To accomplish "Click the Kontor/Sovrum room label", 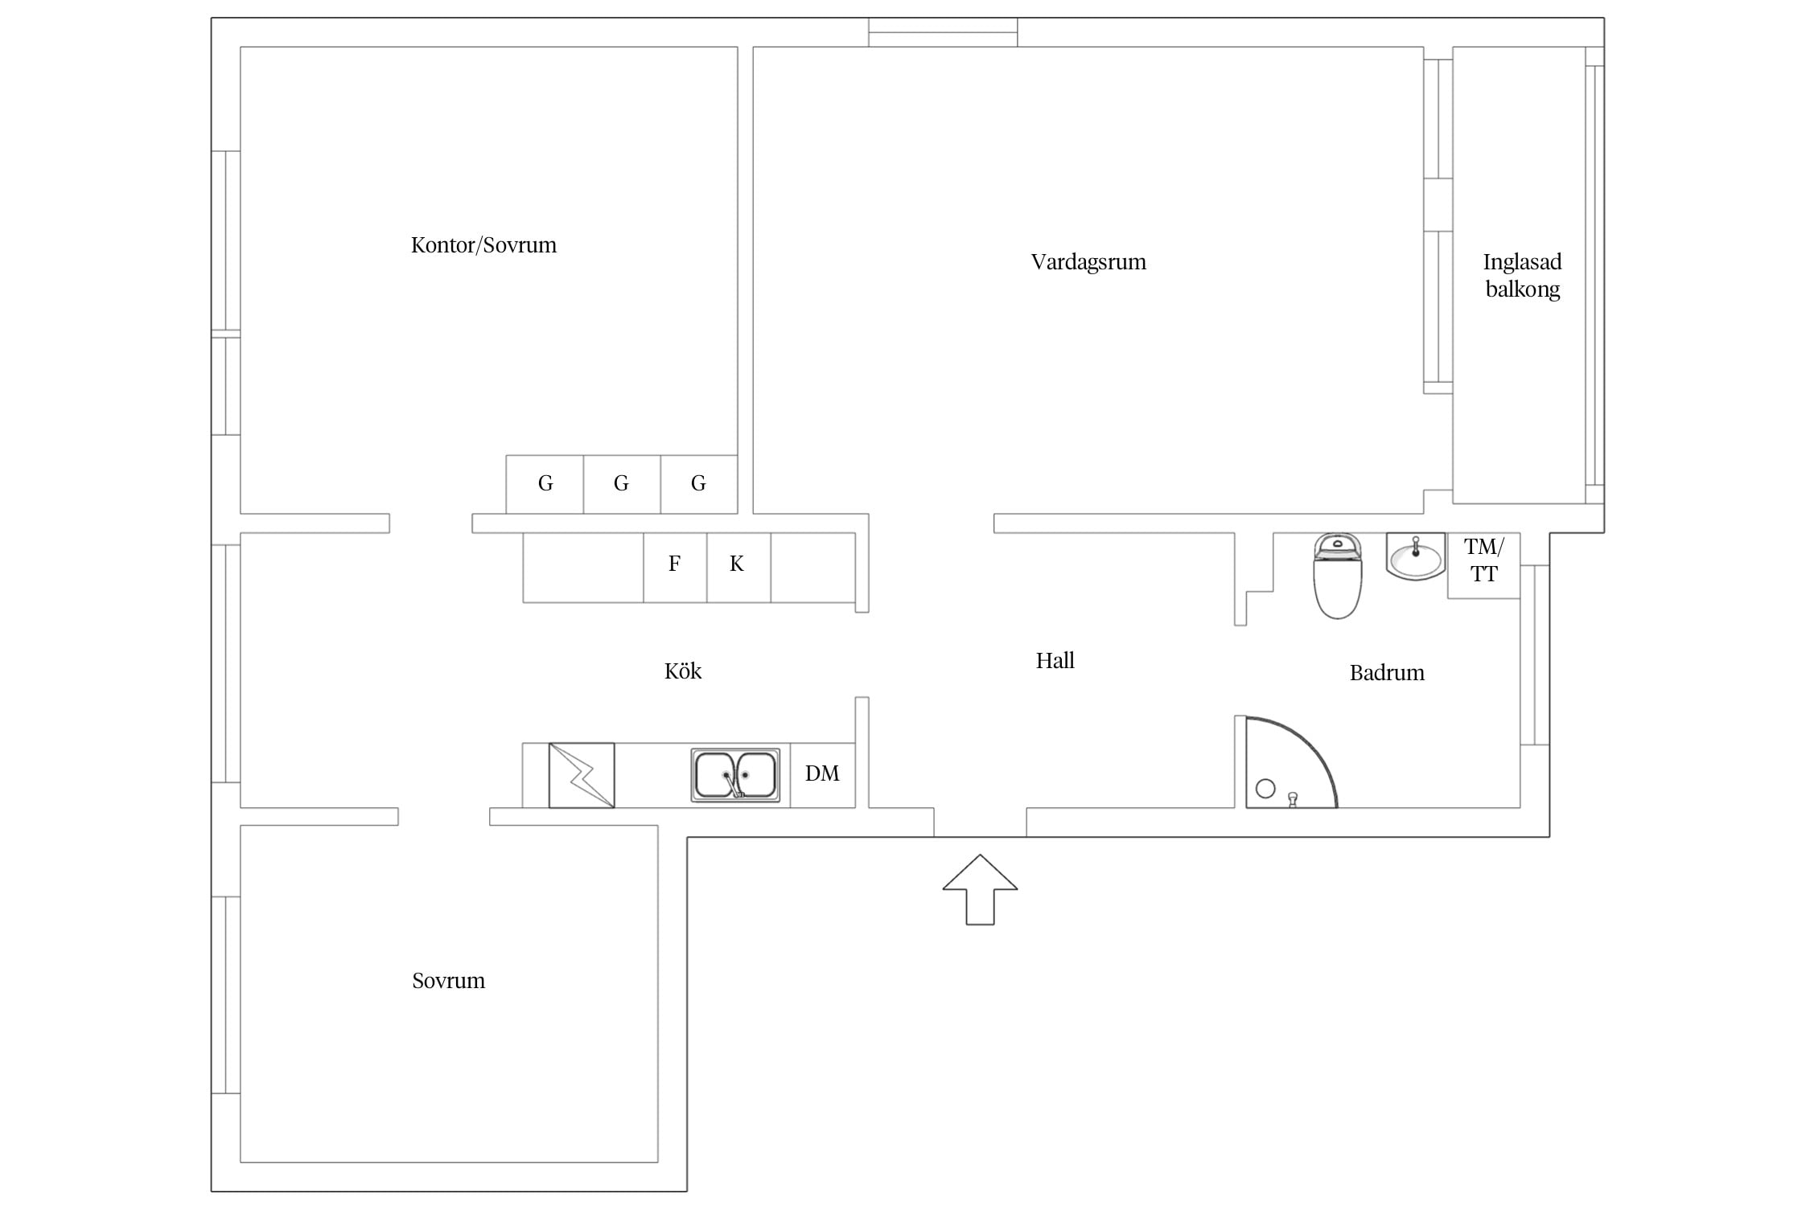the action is (x=483, y=245).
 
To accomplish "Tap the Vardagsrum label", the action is (x=1088, y=262).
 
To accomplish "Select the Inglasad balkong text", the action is (x=1522, y=275).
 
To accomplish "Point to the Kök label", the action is (x=683, y=671).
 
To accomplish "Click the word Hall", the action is (x=1055, y=661).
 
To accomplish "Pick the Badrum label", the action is (x=1387, y=673).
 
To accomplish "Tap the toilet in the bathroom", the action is (x=1337, y=576).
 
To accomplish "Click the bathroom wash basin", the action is (x=1416, y=556).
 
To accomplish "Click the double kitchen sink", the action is (x=735, y=775).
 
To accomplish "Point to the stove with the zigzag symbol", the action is (x=582, y=775).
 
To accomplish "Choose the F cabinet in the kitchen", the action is (x=675, y=568).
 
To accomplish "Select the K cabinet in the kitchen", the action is (x=738, y=568).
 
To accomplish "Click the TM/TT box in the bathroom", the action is (x=1483, y=565).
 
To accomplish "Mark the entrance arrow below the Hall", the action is (x=980, y=889).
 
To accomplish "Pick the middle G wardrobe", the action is (x=622, y=484).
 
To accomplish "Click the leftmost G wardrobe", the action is (x=545, y=484).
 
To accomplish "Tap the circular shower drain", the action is (x=1265, y=788).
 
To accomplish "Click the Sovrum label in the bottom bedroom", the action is (x=448, y=981).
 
